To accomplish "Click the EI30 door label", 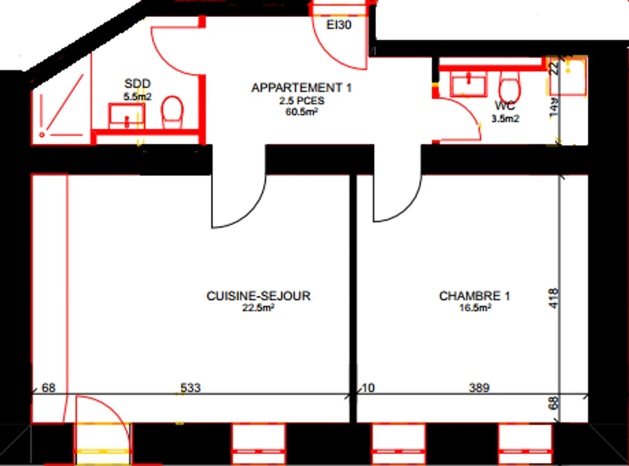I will click(339, 25).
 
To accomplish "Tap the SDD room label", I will click(137, 83).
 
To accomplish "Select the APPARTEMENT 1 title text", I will click(301, 88).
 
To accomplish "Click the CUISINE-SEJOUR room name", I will click(259, 296).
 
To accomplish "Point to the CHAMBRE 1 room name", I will click(474, 296).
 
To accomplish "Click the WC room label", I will click(505, 105).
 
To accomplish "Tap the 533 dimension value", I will click(190, 387).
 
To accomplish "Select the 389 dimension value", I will click(479, 387).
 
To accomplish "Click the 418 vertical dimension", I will click(553, 298).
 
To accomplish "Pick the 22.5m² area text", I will click(258, 308).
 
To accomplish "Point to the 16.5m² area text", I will click(475, 308).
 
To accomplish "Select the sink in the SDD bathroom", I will click(126, 116).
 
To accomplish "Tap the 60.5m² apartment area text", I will click(301, 112).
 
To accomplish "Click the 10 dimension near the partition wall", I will click(368, 387).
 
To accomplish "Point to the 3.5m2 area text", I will click(505, 119).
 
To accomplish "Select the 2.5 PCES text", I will click(302, 100).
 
